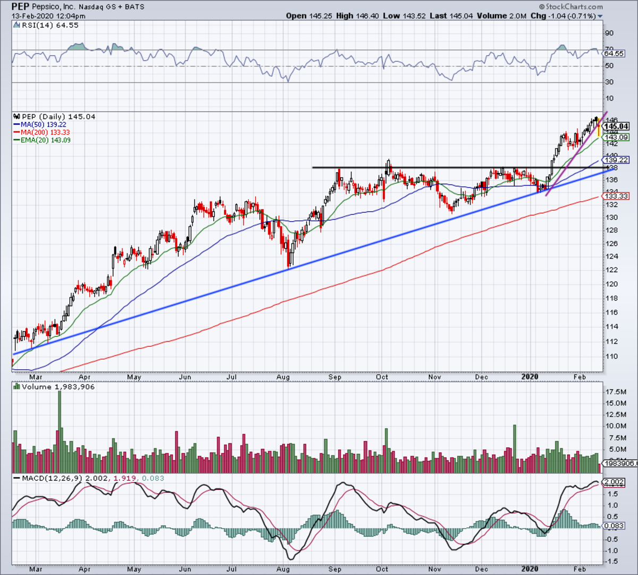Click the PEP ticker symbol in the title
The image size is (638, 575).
21,7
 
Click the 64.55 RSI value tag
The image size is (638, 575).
614,54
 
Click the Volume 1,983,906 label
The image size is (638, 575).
58,387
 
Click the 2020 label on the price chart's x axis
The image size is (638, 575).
530,377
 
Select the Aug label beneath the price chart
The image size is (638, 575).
283,377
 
